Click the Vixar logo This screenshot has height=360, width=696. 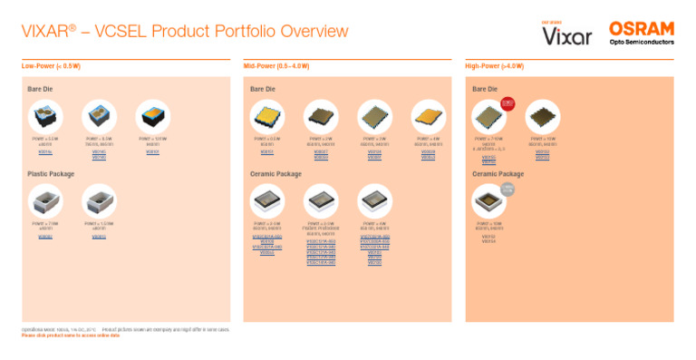point(566,35)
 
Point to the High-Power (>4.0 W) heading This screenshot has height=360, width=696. point(495,66)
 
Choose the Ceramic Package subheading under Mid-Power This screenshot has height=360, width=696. point(275,172)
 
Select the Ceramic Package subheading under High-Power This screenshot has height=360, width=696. point(498,172)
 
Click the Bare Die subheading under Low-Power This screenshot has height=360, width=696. point(42,89)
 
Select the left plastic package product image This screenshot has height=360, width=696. point(43,200)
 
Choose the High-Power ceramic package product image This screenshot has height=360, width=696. point(488,200)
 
